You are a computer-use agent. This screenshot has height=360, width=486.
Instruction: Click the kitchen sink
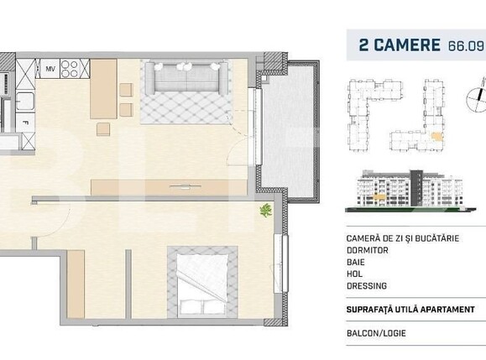pyautogui.click(x=23, y=102)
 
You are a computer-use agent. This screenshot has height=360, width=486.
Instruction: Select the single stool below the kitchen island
pyautogui.click(x=103, y=128)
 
